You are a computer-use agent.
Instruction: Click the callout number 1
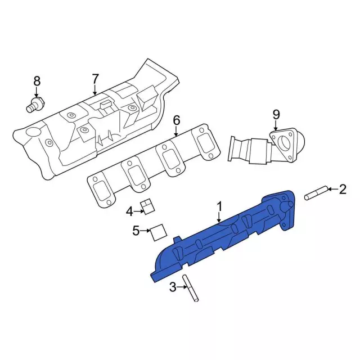pos(220,206)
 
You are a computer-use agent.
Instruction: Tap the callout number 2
pos(342,190)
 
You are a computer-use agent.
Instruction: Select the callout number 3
pos(173,287)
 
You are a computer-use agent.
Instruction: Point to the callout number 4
pos(130,211)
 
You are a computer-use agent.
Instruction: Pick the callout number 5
pos(136,230)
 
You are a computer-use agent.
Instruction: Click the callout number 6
pos(176,120)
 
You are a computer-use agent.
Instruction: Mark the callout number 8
pos(37,81)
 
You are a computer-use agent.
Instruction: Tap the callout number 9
pos(276,115)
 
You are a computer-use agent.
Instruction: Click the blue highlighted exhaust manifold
pos(225,236)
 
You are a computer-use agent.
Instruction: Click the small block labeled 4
pos(148,206)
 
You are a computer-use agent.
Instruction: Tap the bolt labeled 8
pos(35,105)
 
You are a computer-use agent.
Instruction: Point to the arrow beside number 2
pos(331,190)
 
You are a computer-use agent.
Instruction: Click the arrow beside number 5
pos(145,230)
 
